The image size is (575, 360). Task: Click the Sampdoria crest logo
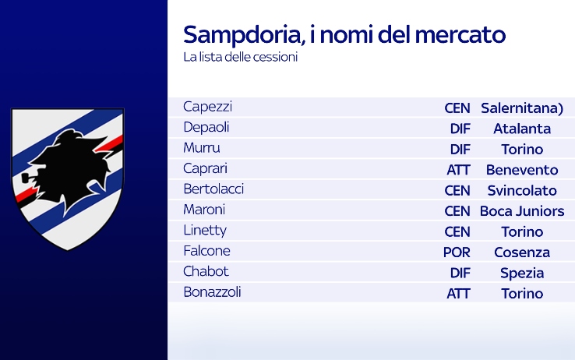click(x=68, y=179)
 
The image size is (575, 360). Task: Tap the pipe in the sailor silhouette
click(x=28, y=178)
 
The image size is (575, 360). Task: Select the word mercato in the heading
click(x=460, y=34)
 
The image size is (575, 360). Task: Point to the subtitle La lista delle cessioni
click(x=241, y=57)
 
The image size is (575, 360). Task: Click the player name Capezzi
click(x=207, y=107)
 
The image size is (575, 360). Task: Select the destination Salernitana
click(x=522, y=108)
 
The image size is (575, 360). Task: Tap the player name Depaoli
click(x=206, y=127)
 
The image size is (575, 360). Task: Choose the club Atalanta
click(x=522, y=129)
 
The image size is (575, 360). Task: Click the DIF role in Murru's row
click(x=460, y=149)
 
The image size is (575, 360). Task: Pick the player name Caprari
click(x=206, y=168)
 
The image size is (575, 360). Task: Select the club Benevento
click(x=522, y=170)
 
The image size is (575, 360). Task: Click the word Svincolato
click(x=522, y=190)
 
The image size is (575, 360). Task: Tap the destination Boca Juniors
click(x=522, y=211)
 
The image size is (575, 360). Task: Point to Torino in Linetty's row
click(x=522, y=231)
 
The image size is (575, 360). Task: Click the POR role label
click(x=457, y=252)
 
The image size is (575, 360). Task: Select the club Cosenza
click(x=522, y=252)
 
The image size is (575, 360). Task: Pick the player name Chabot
click(x=206, y=271)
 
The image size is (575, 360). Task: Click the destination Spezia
click(x=522, y=273)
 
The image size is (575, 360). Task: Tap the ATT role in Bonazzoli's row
click(x=458, y=293)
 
